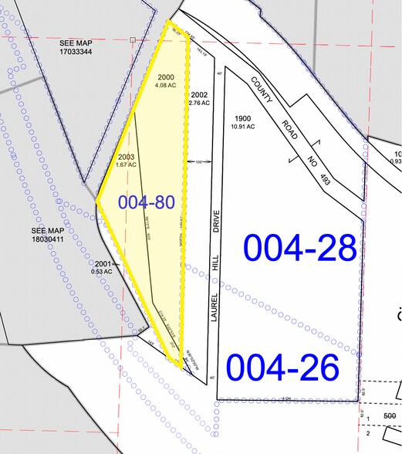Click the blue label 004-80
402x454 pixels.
pos(147,203)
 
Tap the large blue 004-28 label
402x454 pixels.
pos(301,248)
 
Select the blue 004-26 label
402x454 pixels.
pos(282,368)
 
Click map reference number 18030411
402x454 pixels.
pos(48,239)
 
